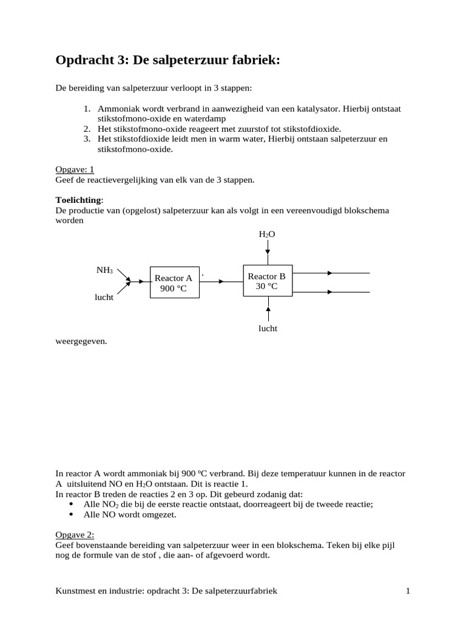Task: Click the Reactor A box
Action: [x=173, y=282]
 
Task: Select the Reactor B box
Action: [x=268, y=281]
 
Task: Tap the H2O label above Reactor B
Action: [x=267, y=234]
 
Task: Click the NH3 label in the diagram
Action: [x=104, y=270]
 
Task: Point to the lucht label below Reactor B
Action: [x=268, y=328]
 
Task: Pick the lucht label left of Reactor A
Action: [x=104, y=298]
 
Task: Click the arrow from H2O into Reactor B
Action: [x=268, y=252]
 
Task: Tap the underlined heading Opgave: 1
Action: [x=75, y=169]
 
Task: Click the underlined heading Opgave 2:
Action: [x=75, y=535]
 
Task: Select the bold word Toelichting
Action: [x=79, y=200]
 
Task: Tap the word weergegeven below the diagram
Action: [x=81, y=341]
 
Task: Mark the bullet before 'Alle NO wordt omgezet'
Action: [x=72, y=514]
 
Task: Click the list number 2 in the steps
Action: [x=87, y=129]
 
